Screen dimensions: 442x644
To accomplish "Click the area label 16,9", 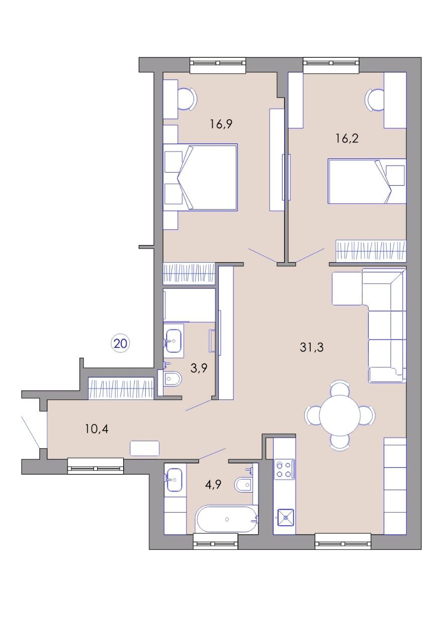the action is [221, 124].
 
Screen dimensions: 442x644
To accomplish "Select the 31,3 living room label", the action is [312, 347].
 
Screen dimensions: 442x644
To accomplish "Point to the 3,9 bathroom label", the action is [199, 368].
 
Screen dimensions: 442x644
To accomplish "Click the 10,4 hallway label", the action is [97, 429].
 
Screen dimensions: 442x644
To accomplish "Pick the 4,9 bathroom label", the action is [213, 486].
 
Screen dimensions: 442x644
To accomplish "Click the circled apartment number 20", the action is [121, 343].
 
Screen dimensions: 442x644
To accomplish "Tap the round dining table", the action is [340, 416].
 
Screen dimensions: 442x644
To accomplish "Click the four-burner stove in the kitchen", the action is [284, 469].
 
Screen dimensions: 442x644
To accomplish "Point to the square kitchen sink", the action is [286, 518].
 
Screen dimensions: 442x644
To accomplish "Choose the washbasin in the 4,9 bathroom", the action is [174, 480].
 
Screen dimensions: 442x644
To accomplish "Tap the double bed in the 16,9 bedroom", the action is [200, 178].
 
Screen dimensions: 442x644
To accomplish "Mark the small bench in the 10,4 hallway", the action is [144, 448].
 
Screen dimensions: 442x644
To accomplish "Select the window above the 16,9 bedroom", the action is [218, 65].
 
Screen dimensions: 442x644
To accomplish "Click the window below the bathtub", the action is [215, 541].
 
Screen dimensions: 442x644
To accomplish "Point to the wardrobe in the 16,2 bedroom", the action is [371, 250].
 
